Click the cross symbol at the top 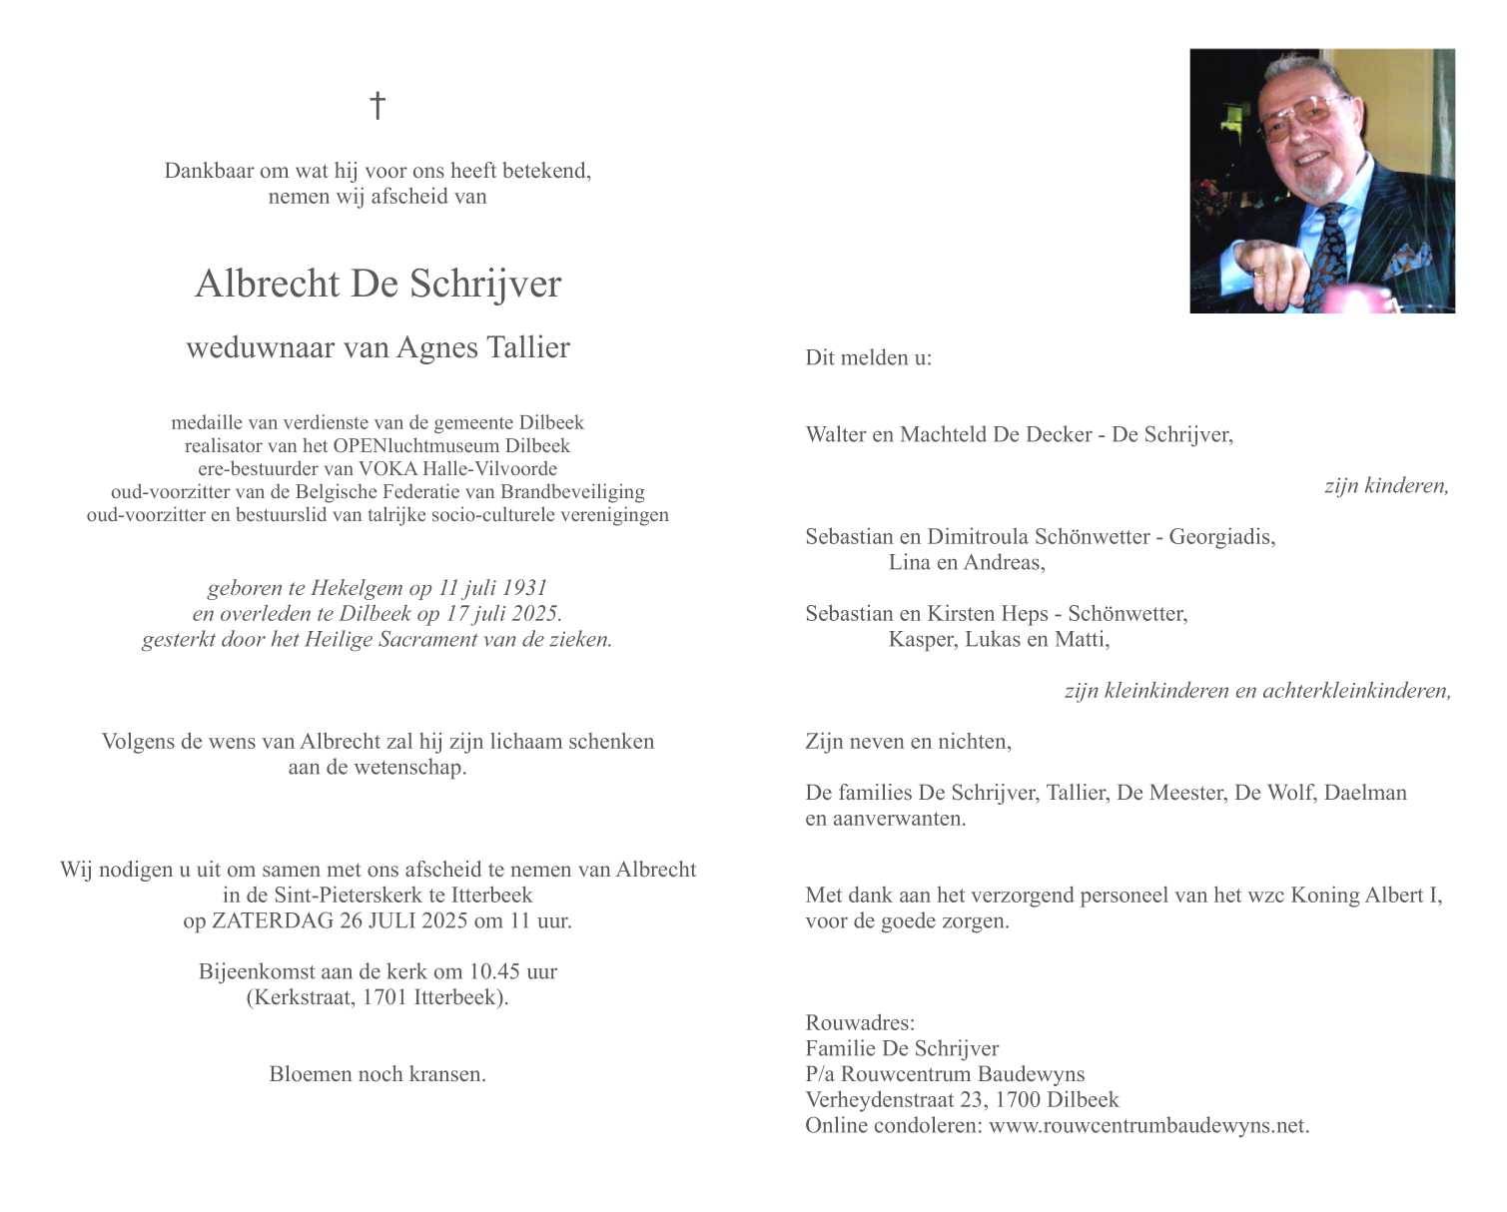pos(377,105)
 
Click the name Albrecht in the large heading pos(267,285)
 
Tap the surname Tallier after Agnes pos(527,347)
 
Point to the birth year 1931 pos(525,588)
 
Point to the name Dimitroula pos(979,536)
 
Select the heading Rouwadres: pos(860,1022)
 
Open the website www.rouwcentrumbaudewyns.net pos(1148,1125)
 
